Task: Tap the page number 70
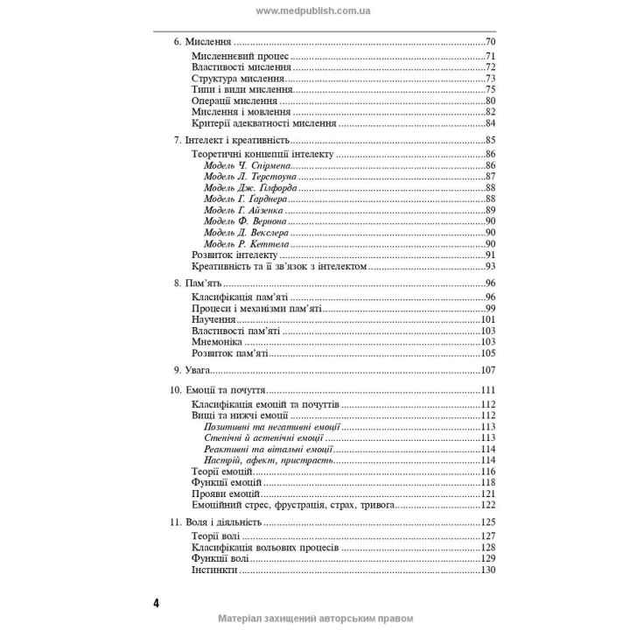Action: (491, 42)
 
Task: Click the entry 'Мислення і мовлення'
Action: (234, 112)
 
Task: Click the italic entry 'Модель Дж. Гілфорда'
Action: (249, 188)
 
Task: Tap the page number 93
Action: (491, 267)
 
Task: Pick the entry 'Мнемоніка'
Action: (215, 342)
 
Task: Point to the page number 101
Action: (488, 319)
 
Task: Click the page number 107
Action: (488, 371)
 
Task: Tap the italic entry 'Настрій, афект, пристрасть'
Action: (269, 460)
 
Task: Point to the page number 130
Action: (488, 570)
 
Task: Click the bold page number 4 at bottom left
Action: (156, 604)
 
